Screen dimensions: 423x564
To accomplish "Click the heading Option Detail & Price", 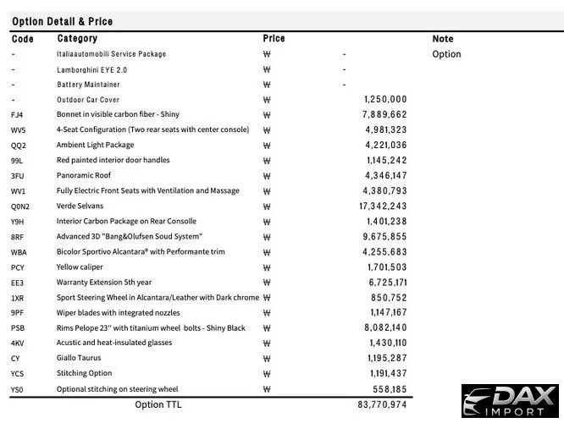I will tap(62, 21).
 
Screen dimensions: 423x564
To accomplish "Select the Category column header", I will tap(77, 39).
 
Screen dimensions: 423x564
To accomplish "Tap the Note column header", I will tap(442, 39).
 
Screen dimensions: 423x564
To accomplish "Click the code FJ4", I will tap(18, 115).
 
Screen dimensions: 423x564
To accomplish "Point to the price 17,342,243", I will tap(383, 206).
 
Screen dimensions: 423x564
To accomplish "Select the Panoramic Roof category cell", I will tap(85, 176).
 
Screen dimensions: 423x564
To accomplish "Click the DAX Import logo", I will tap(510, 401).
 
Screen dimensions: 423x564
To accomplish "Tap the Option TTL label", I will tap(158, 405).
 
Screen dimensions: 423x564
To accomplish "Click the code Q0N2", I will tap(20, 206).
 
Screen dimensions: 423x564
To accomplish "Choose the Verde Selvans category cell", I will tap(80, 206).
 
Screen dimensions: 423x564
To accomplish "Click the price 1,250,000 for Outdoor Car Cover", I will tap(385, 100).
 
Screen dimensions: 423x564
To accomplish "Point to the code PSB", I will tap(18, 328).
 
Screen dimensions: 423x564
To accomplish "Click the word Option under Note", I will tap(446, 54).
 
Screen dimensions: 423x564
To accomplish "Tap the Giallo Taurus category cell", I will tap(81, 359).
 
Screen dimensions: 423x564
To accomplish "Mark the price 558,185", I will tap(388, 389).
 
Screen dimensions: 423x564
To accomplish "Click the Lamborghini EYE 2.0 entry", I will tap(91, 69).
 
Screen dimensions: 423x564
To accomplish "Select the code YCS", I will tap(18, 374).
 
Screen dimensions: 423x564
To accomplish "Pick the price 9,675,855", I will tap(385, 237).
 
